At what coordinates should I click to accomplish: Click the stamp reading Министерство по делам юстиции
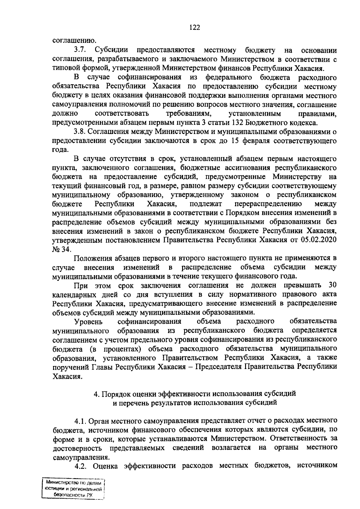coord(74,490)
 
